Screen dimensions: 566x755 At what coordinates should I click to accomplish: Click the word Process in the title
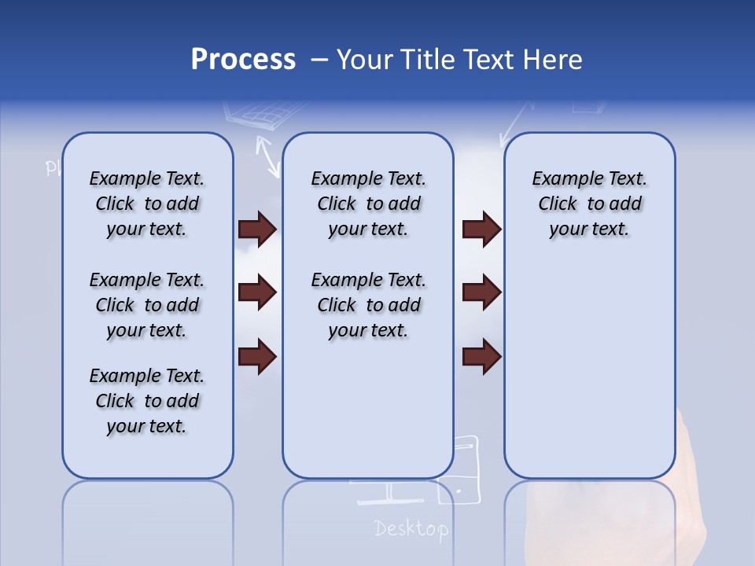tap(243, 60)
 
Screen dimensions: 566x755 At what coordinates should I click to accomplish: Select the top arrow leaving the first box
tap(257, 229)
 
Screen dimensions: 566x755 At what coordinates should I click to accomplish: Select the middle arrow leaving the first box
tap(257, 292)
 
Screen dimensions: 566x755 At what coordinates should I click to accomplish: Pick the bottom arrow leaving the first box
tap(257, 356)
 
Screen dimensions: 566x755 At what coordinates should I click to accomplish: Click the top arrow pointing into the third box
tap(481, 229)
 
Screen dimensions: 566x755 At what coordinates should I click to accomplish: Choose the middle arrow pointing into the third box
tap(481, 292)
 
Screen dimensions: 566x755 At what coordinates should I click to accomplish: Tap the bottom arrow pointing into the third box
tap(481, 356)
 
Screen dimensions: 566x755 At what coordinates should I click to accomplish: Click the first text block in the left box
tap(147, 204)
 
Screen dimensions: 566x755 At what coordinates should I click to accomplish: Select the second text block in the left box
tap(147, 305)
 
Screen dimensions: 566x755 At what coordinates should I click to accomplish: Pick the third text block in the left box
tap(147, 401)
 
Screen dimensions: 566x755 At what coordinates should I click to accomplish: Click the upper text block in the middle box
tap(368, 204)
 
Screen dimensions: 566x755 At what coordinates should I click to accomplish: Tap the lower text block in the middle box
tap(368, 305)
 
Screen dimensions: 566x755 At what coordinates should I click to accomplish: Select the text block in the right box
tap(589, 204)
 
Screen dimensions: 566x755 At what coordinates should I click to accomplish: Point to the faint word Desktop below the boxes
tap(411, 529)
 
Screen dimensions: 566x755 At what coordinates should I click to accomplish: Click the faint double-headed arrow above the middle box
tap(267, 155)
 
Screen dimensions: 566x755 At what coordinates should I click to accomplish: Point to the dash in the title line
tap(319, 60)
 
